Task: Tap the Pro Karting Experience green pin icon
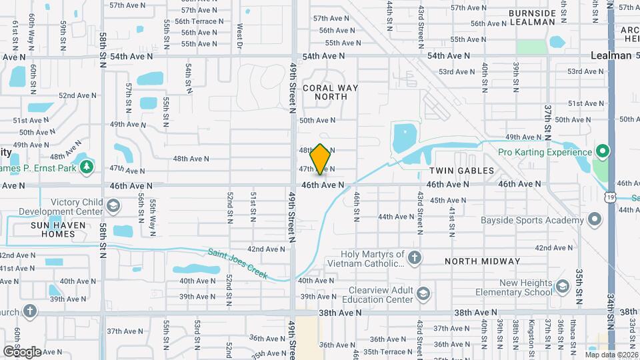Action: coord(602,152)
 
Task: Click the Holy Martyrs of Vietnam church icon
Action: coord(414,258)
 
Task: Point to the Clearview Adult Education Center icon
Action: coord(423,293)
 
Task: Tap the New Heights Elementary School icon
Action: coord(562,287)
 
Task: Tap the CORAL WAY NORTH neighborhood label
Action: coord(330,92)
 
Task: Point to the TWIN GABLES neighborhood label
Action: coord(466,171)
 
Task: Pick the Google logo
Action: coord(22,351)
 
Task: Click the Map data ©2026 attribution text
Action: coord(611,355)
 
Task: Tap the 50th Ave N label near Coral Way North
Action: coord(317,121)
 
